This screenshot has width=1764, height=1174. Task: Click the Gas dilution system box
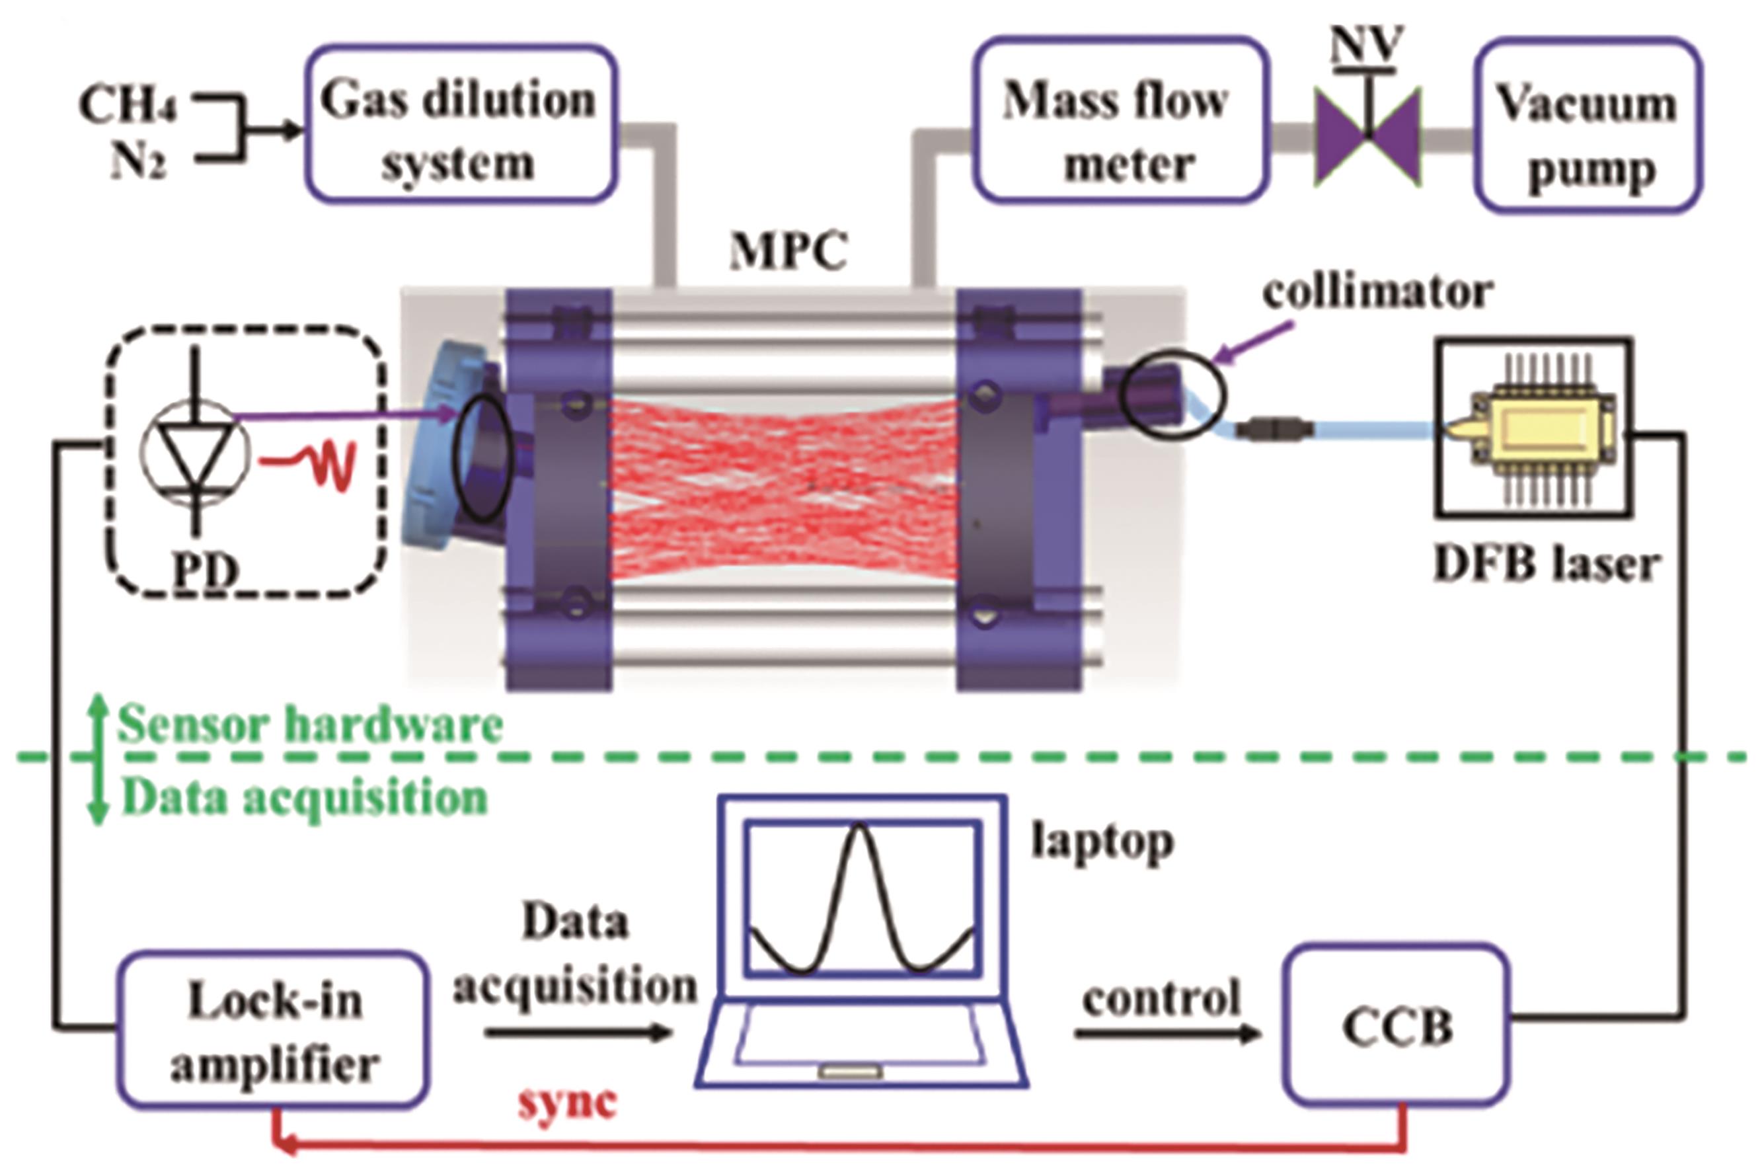pyautogui.click(x=460, y=124)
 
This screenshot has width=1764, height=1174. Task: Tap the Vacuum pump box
pyautogui.click(x=1588, y=126)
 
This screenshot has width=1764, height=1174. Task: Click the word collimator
pyautogui.click(x=1377, y=292)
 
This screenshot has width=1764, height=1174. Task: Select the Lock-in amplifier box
pyautogui.click(x=273, y=1029)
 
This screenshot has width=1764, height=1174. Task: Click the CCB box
pyautogui.click(x=1396, y=1026)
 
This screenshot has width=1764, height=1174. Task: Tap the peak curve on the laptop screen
pyautogui.click(x=861, y=898)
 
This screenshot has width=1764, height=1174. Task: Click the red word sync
pyautogui.click(x=566, y=1101)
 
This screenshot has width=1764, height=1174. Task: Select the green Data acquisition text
pyautogui.click(x=303, y=797)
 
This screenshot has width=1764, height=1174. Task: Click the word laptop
pyautogui.click(x=1102, y=841)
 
